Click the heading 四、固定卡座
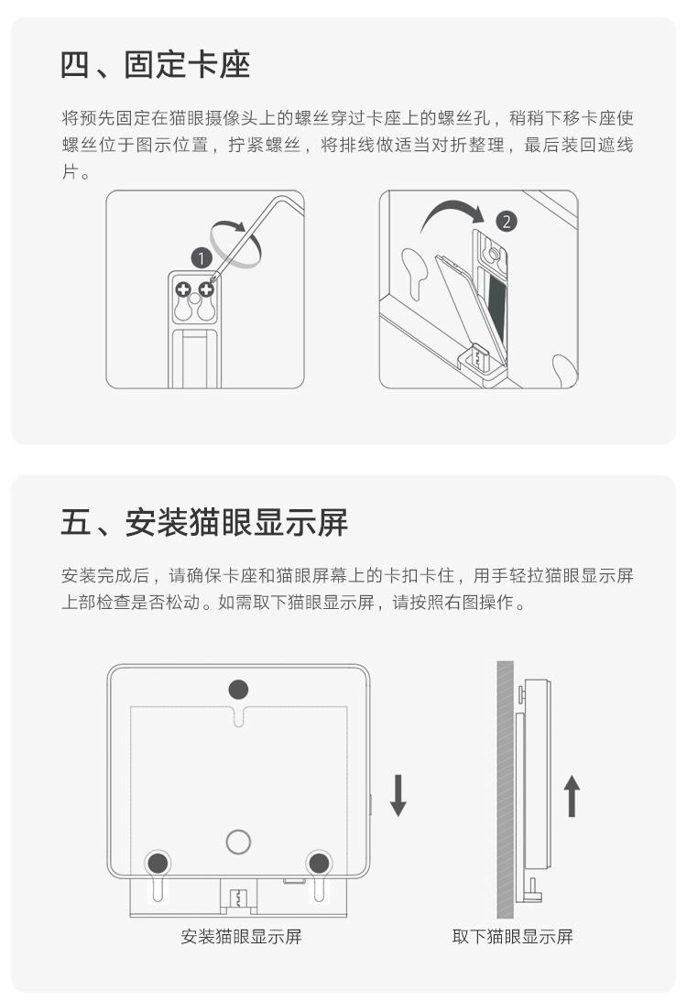[x=155, y=65]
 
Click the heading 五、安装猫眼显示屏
[x=204, y=522]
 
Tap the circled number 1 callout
[x=202, y=258]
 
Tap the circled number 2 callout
[x=507, y=222]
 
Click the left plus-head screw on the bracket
[x=183, y=289]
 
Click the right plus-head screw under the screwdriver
[x=205, y=289]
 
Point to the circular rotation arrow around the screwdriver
[x=235, y=244]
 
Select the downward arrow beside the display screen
[x=398, y=796]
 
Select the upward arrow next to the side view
[x=572, y=796]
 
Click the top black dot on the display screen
[x=238, y=690]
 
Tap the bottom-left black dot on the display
[x=158, y=863]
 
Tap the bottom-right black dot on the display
[x=319, y=863]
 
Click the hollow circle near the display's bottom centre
[x=238, y=842]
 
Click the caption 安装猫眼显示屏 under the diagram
[x=241, y=937]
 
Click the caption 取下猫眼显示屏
[x=513, y=937]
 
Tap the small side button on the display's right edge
[x=370, y=805]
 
